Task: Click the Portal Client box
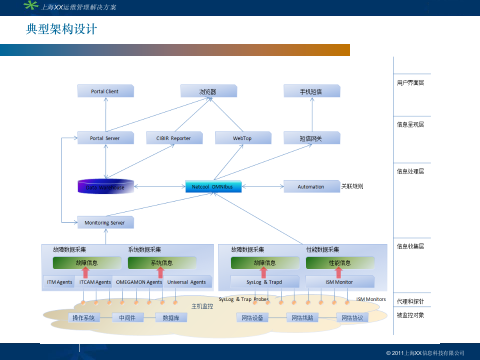tap(105, 91)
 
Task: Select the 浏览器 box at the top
tap(208, 91)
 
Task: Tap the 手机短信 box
tap(311, 91)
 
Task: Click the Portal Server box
tap(105, 138)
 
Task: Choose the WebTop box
tap(243, 138)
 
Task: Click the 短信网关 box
tap(311, 138)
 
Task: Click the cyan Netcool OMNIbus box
tap(213, 186)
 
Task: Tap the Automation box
tap(311, 186)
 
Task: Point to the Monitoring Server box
tap(105, 222)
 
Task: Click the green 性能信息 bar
tap(340, 263)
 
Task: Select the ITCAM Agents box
tap(95, 282)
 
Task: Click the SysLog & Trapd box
tap(264, 282)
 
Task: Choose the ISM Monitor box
tap(339, 282)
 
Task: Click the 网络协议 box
tap(352, 317)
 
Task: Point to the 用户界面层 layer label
tap(410, 83)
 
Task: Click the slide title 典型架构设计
tap(61, 29)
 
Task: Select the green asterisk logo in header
tap(31, 6)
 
